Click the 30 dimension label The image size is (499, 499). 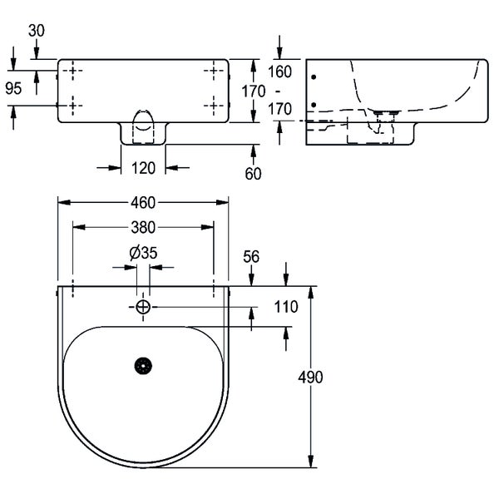click(x=37, y=30)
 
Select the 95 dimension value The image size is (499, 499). click(x=13, y=89)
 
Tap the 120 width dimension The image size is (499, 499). click(x=144, y=168)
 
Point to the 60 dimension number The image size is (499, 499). click(x=254, y=174)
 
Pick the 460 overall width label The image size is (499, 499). click(x=143, y=202)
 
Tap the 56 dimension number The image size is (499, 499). click(x=251, y=257)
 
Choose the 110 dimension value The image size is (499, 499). click(x=285, y=307)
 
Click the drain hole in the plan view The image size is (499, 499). click(x=143, y=365)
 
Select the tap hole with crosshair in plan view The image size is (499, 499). click(x=143, y=307)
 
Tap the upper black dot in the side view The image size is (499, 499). click(x=314, y=77)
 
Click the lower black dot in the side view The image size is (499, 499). click(x=314, y=105)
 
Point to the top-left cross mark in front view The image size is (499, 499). click(x=72, y=72)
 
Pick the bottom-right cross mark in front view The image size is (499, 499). click(x=215, y=104)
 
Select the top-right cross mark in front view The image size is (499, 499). click(x=215, y=72)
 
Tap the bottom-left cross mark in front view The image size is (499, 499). click(x=72, y=104)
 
